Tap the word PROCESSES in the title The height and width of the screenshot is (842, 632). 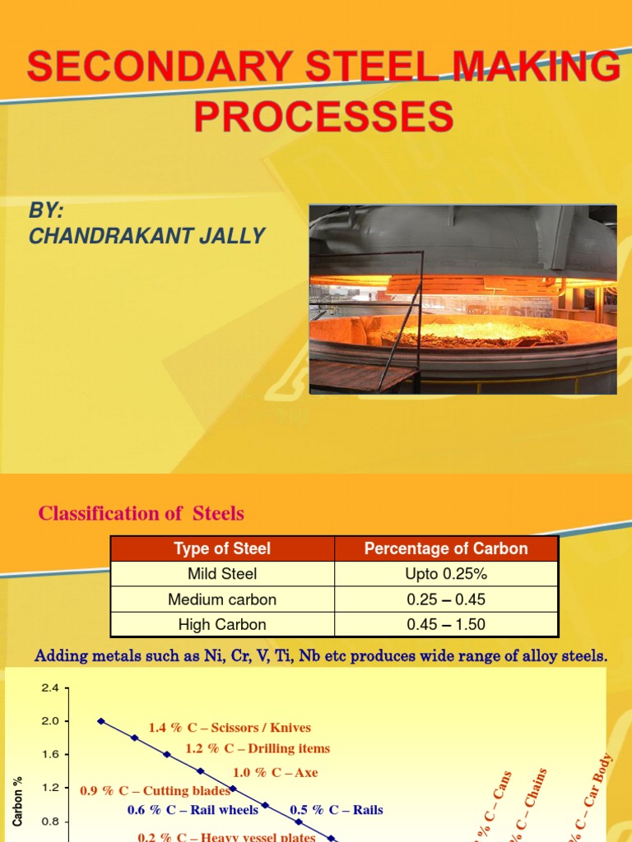tap(323, 116)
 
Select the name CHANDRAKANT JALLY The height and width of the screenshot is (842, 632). tap(146, 236)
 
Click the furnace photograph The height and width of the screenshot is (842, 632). tap(462, 298)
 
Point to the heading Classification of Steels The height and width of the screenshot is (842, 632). tap(142, 514)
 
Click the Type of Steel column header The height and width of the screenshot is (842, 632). tap(222, 548)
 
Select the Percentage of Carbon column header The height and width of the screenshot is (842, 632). tap(446, 548)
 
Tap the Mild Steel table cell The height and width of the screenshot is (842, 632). tap(222, 574)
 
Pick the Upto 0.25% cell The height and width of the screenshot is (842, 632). tap(446, 574)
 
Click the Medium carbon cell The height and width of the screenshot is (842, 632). tap(222, 599)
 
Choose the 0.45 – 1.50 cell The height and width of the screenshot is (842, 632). tap(446, 625)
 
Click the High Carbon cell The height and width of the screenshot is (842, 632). tap(222, 625)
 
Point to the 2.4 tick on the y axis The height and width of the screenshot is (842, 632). tap(51, 688)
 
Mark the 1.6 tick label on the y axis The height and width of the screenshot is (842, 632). tap(51, 755)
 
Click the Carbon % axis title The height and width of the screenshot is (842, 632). tap(18, 801)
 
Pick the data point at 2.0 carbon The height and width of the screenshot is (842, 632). tap(101, 721)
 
